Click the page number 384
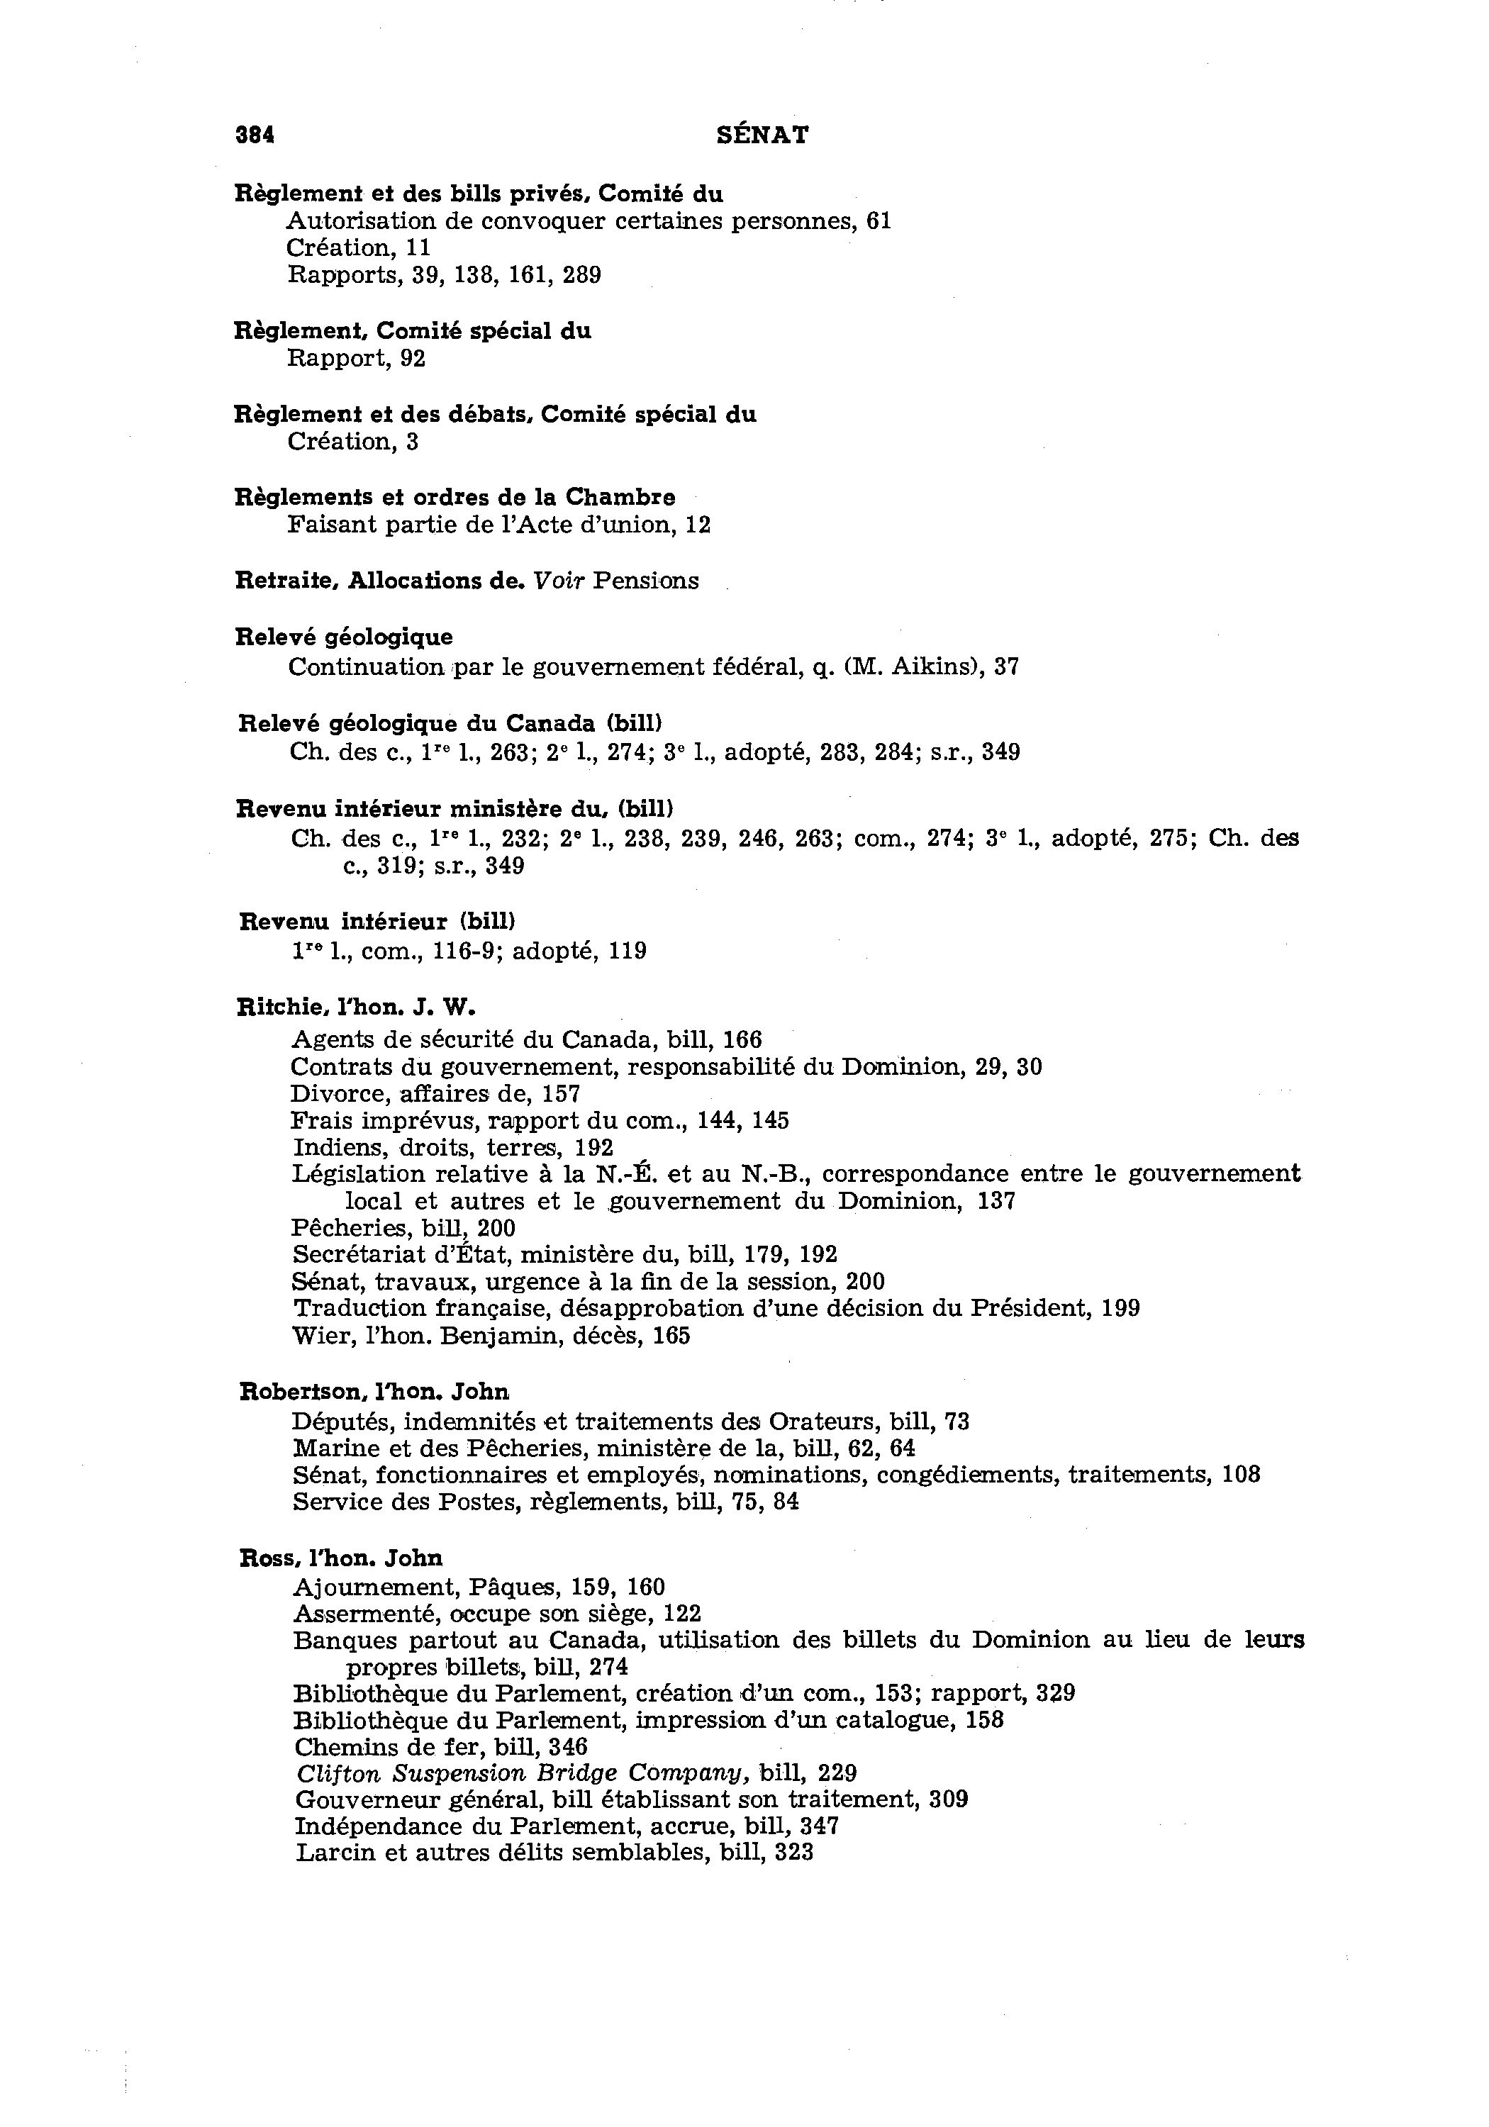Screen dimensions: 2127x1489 255,135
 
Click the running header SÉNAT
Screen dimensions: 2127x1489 762,135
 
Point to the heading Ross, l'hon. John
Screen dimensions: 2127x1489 341,1557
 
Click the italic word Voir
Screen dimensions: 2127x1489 559,581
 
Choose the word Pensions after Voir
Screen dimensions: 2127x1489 646,581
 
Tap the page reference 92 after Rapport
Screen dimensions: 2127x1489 413,359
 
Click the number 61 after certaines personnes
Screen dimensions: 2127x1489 879,221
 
